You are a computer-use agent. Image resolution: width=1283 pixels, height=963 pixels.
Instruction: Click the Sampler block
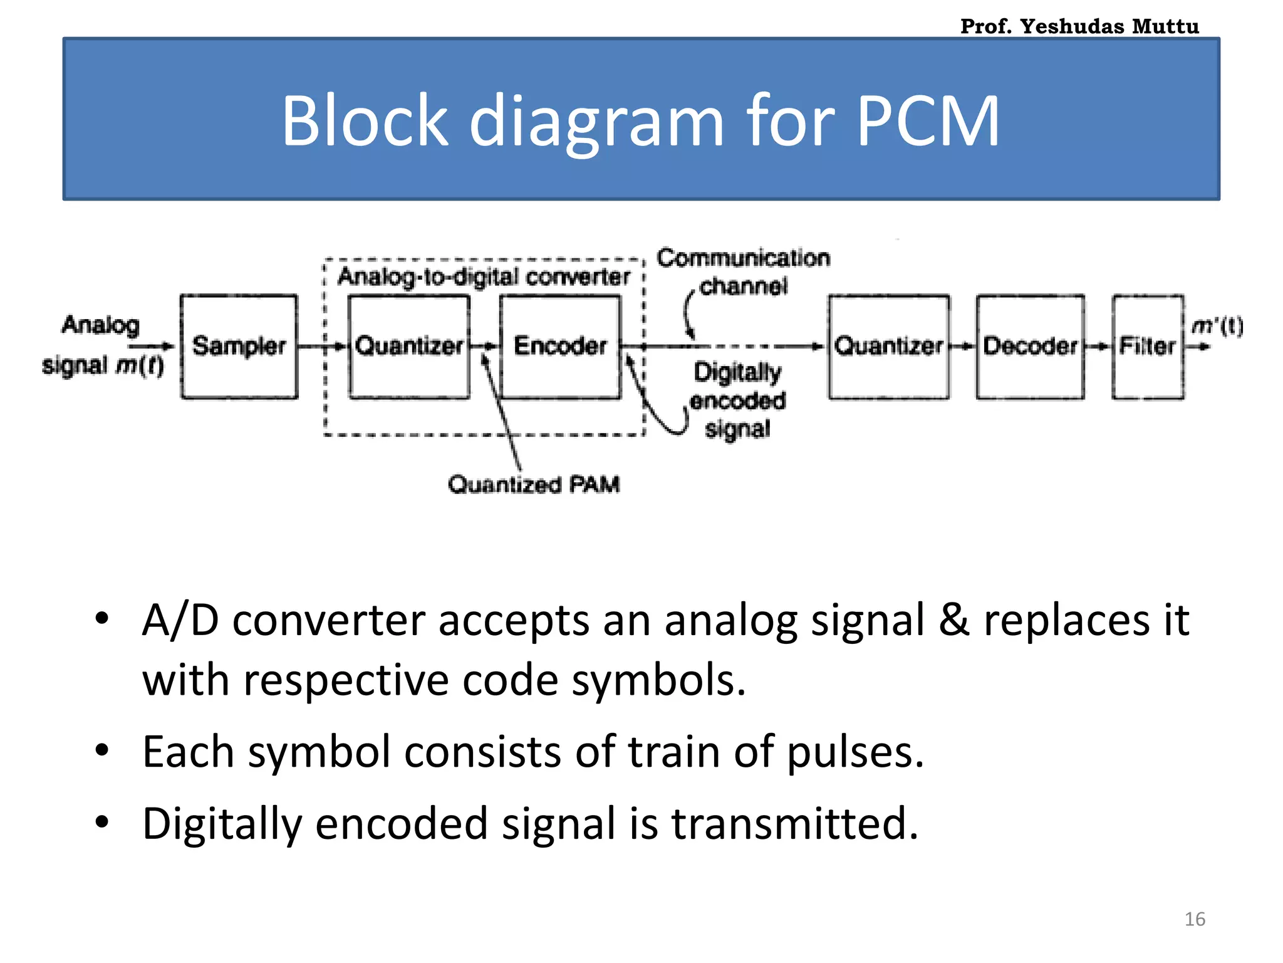coord(239,346)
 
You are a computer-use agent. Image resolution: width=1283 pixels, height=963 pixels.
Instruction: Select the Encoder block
coord(560,346)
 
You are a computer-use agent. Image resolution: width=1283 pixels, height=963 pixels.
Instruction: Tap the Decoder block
coord(1030,346)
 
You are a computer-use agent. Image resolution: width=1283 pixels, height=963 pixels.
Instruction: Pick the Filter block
coord(1148,346)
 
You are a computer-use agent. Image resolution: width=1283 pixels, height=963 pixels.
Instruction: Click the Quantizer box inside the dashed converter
coord(408,346)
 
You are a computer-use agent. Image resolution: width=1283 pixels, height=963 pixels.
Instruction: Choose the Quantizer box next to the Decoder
coord(888,346)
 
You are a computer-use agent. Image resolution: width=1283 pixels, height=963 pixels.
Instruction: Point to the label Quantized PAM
coord(534,484)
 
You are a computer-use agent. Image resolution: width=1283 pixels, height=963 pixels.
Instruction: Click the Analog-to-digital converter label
coord(484,276)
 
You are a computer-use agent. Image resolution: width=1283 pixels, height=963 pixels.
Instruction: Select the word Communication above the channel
coord(743,258)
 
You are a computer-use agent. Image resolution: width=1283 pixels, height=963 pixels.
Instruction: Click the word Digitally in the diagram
coord(737,372)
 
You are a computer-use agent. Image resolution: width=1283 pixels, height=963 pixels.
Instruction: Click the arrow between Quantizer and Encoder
coord(484,346)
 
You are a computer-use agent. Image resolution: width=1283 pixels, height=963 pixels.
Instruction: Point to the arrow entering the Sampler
coord(152,346)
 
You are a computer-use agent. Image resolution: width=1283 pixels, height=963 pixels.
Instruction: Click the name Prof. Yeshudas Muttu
coord(1079,26)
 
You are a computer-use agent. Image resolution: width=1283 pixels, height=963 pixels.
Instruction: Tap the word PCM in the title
coord(927,120)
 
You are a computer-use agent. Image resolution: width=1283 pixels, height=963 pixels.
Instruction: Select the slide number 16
coord(1195,919)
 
